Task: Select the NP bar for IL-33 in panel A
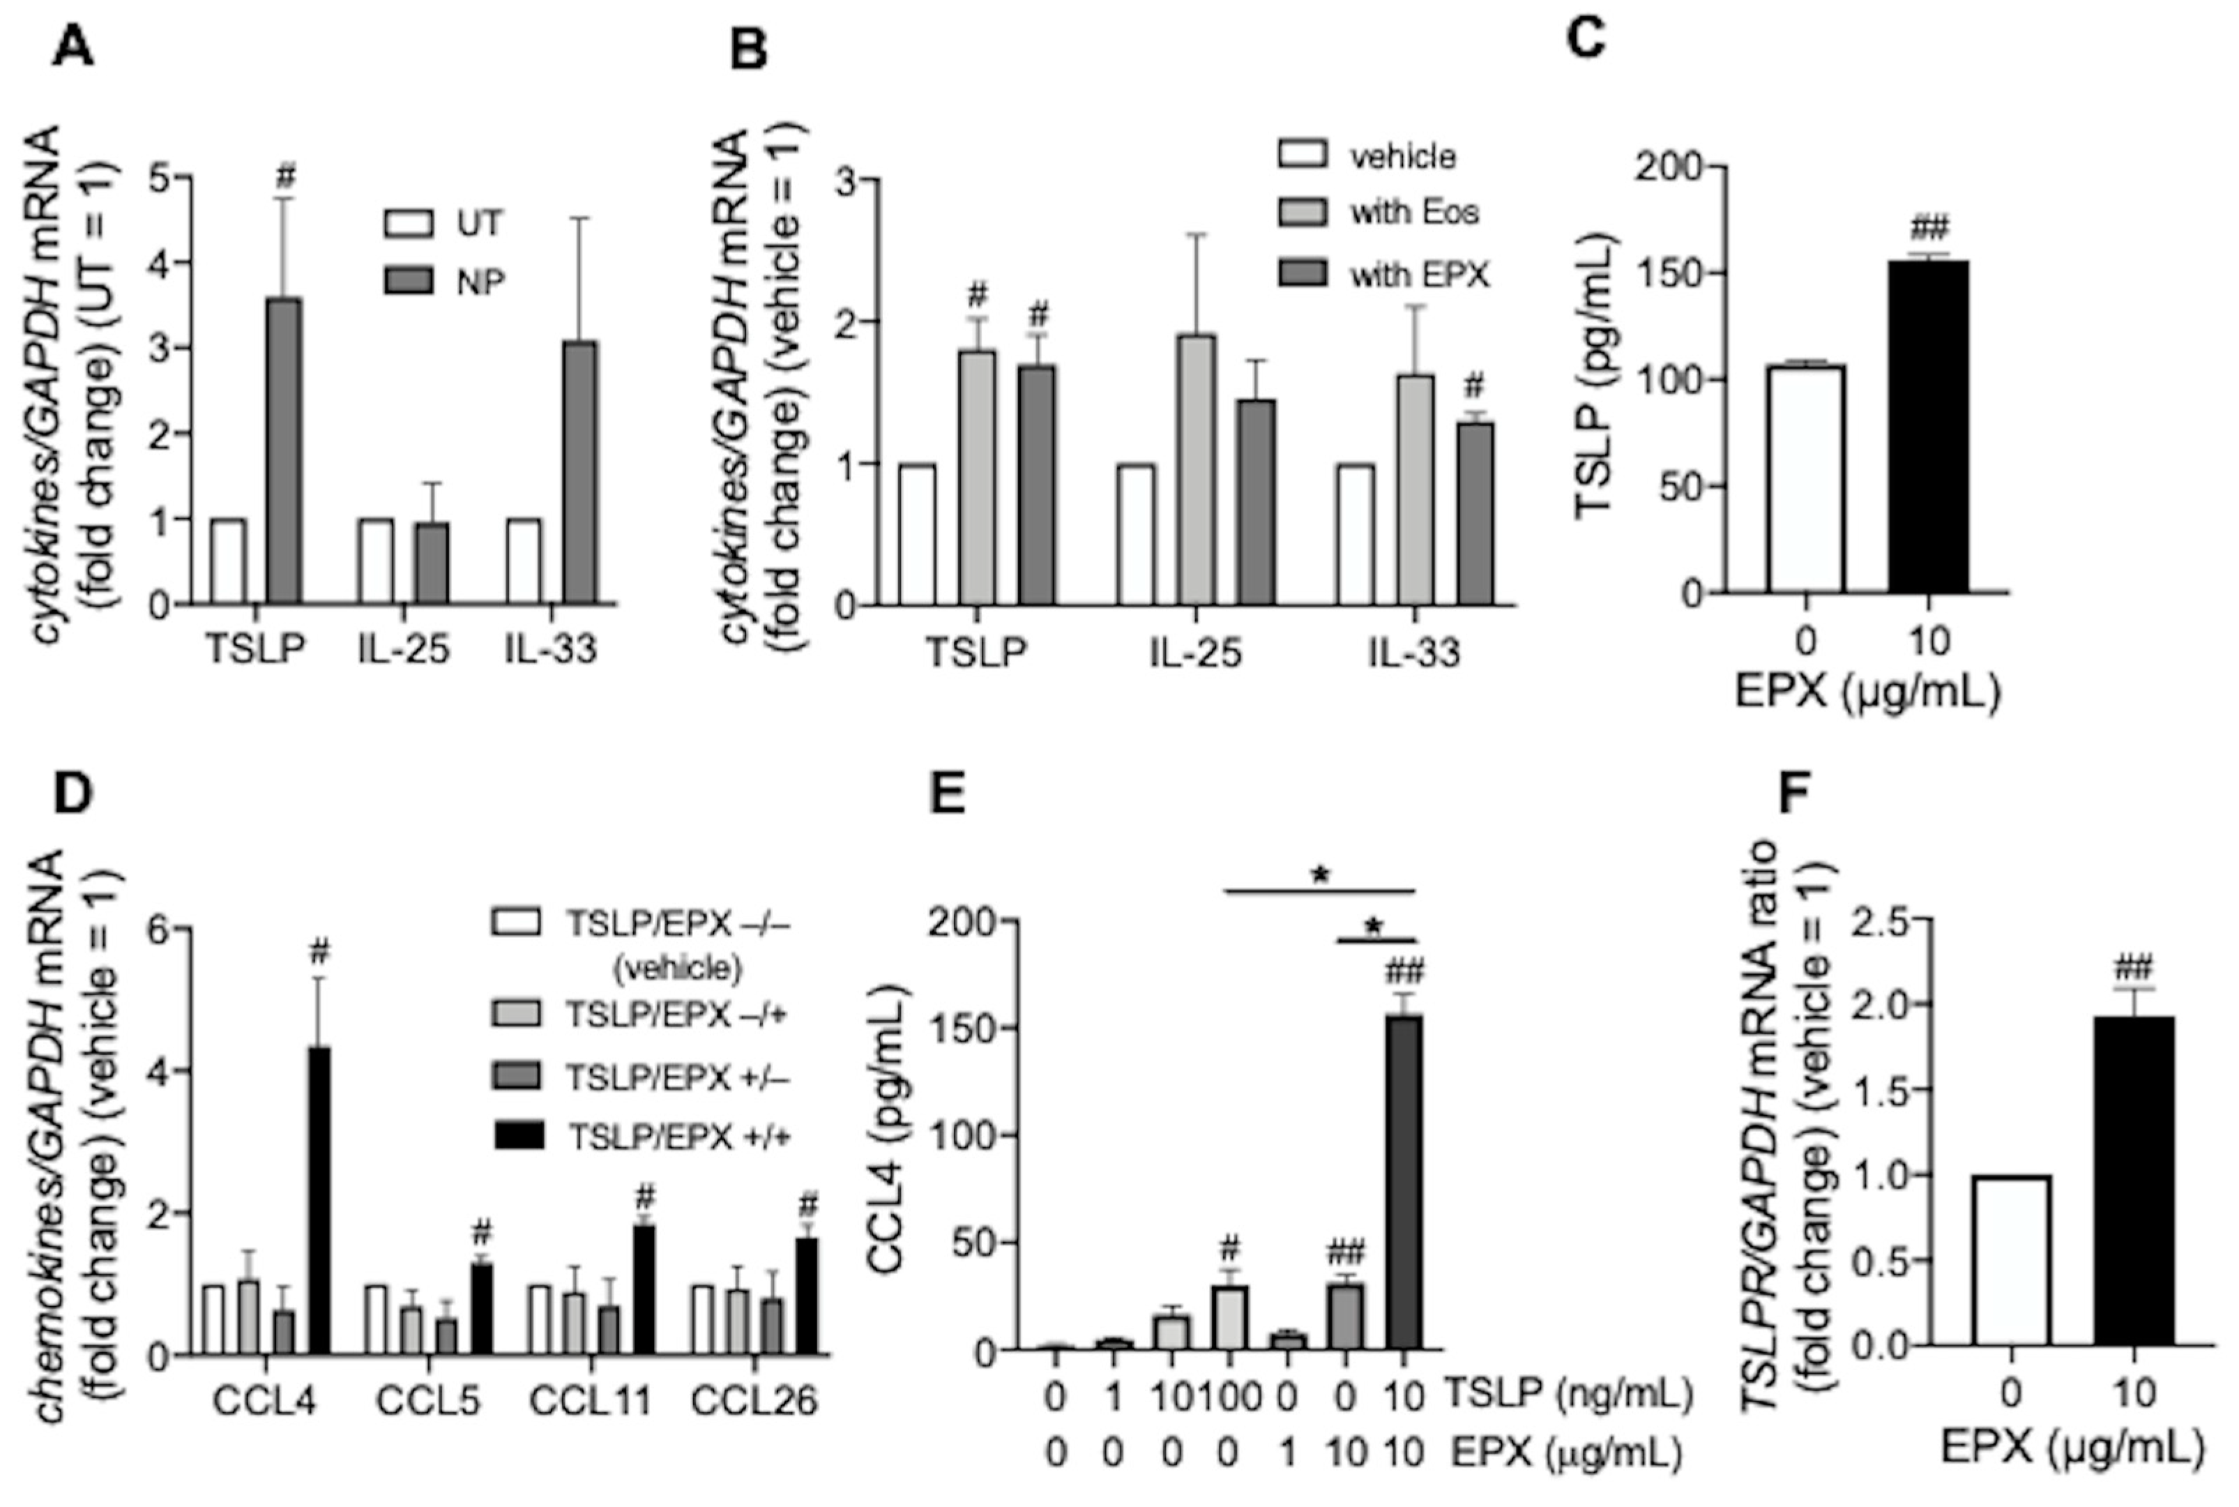(580, 472)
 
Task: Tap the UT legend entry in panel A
(443, 224)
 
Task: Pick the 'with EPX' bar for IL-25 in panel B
(1255, 501)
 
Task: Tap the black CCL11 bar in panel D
(644, 1290)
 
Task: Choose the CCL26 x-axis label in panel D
(754, 1400)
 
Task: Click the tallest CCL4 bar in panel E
(1404, 1182)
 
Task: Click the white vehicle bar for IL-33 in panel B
(1355, 534)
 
